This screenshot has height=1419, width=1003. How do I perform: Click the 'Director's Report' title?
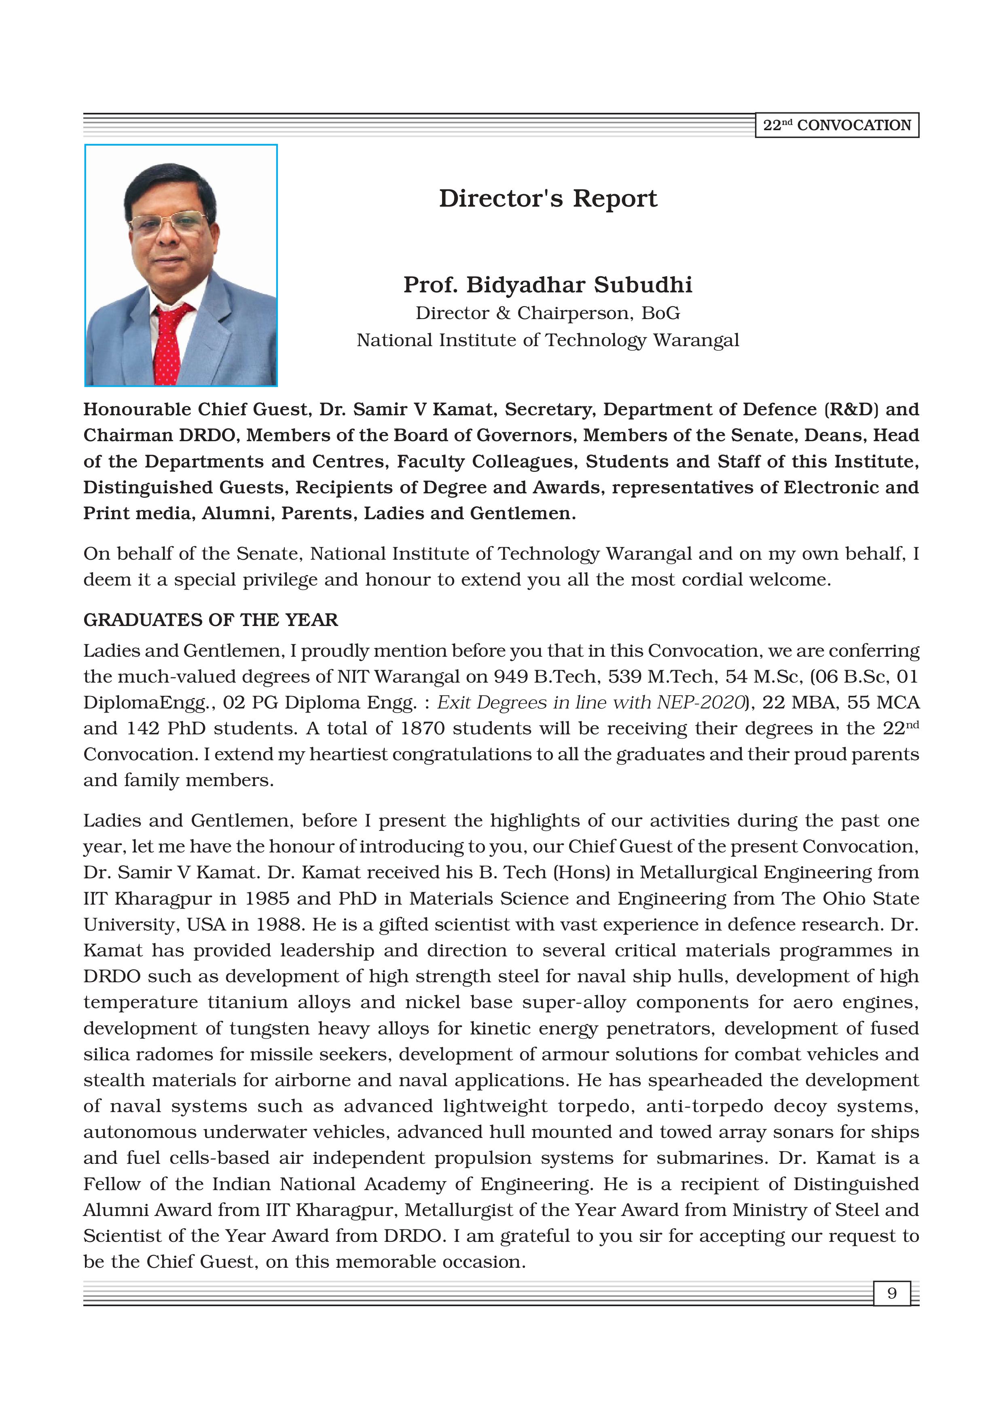pyautogui.click(x=548, y=199)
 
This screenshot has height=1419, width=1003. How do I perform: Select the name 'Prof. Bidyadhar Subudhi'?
pyautogui.click(x=548, y=285)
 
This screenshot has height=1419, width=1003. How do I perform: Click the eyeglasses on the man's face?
pyautogui.click(x=171, y=223)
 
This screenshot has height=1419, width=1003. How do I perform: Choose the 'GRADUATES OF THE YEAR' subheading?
pyautogui.click(x=211, y=620)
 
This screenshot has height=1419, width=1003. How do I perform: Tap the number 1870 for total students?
pyautogui.click(x=423, y=729)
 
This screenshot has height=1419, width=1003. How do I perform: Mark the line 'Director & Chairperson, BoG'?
pyautogui.click(x=548, y=313)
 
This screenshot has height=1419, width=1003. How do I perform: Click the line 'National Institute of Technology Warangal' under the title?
pyautogui.click(x=548, y=340)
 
